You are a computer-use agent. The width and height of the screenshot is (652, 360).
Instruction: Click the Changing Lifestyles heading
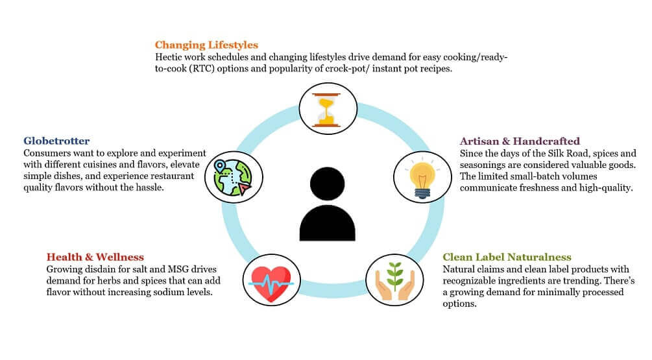206,45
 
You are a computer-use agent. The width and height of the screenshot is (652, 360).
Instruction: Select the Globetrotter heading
56,141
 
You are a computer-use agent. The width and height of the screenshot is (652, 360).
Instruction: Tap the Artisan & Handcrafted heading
520,141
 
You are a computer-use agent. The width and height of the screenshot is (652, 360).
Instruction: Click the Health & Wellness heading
95,257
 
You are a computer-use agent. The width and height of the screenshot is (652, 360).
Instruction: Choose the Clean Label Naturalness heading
507,258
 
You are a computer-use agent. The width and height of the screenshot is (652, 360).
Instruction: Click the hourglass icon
327,110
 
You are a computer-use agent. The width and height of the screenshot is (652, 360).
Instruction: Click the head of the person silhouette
327,184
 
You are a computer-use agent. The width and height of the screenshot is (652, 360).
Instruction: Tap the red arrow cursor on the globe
245,189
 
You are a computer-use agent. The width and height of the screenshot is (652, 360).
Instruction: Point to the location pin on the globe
219,166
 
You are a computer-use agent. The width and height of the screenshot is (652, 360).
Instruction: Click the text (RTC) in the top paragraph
202,69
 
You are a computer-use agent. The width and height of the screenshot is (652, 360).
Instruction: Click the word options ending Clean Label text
459,304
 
